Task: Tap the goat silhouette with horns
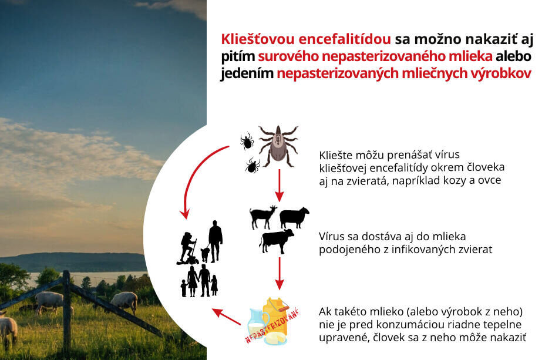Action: click(x=263, y=217)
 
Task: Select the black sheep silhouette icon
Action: click(x=294, y=217)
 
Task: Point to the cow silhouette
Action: click(x=277, y=241)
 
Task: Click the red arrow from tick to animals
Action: click(x=279, y=186)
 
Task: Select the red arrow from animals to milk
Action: click(x=280, y=274)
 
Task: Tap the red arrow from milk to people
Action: click(x=226, y=317)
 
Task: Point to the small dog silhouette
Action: click(x=205, y=254)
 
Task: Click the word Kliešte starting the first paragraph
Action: click(x=335, y=155)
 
